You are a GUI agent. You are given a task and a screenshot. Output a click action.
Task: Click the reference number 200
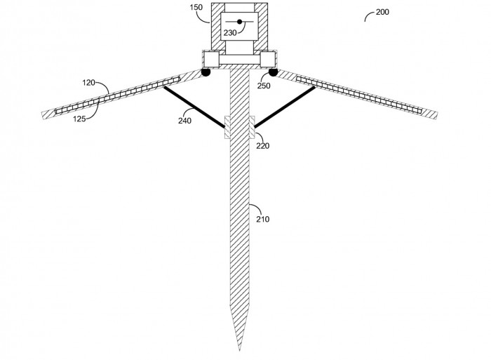coord(382,12)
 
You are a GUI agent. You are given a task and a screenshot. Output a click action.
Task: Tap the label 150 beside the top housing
coord(196,7)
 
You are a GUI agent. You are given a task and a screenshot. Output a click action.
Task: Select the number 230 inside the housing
coord(230,32)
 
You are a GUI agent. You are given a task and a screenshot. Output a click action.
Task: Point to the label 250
coord(264,86)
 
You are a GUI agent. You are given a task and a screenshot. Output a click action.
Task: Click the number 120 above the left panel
coord(88,83)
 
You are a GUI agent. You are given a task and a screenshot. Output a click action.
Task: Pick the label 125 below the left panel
coord(79,119)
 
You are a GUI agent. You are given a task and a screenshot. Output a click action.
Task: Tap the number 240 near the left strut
coord(184,121)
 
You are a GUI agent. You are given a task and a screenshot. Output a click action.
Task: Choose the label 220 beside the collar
coord(263,146)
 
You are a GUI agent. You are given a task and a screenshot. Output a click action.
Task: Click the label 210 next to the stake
coord(263,219)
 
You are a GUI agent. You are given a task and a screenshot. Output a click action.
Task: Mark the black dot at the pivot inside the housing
coord(240,22)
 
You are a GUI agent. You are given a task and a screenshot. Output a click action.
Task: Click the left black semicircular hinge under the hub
coord(206,72)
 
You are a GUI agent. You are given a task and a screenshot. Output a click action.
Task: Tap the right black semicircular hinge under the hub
coord(273,72)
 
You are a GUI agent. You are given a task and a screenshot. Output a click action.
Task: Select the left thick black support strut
coord(194,107)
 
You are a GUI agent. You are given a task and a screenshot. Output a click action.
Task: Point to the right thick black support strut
coord(284,107)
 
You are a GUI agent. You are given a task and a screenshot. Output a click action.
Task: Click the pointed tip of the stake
coord(240,351)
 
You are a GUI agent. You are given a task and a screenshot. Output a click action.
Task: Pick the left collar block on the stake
coord(227,127)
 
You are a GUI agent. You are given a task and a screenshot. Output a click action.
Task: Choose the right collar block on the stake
coord(252,127)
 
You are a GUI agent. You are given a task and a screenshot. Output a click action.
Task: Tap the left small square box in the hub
coord(211,59)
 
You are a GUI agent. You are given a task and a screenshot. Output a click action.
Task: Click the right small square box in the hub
coord(268,59)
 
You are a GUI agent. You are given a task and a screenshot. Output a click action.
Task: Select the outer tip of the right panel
coord(436,115)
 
